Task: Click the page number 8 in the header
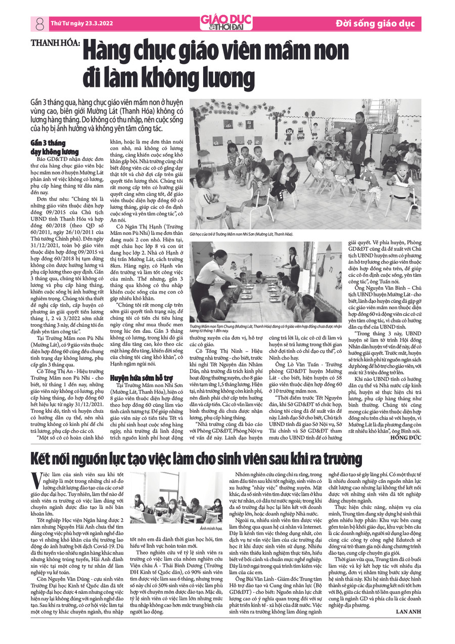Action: [x=38, y=23]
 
